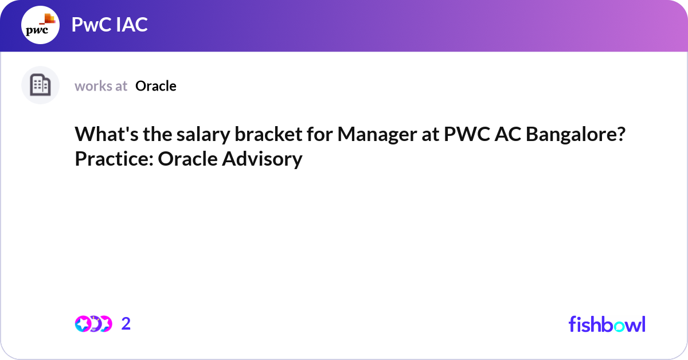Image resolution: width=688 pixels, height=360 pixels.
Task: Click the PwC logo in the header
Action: pyautogui.click(x=40, y=26)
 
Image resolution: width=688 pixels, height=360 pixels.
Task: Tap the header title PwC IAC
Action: pyautogui.click(x=110, y=25)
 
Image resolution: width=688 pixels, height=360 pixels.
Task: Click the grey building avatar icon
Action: pyautogui.click(x=40, y=85)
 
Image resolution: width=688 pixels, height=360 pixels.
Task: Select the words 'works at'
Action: pyautogui.click(x=101, y=86)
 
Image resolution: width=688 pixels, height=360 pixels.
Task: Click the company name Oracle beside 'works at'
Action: pyautogui.click(x=156, y=86)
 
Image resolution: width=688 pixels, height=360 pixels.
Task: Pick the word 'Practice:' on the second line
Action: pyautogui.click(x=114, y=159)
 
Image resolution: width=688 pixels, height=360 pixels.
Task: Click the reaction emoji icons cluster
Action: pyautogui.click(x=93, y=324)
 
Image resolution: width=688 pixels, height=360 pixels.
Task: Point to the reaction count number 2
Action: pyautogui.click(x=126, y=324)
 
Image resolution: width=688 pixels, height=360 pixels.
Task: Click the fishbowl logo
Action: pyautogui.click(x=607, y=324)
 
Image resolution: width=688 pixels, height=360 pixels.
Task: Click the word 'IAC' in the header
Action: pyautogui.click(x=130, y=25)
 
